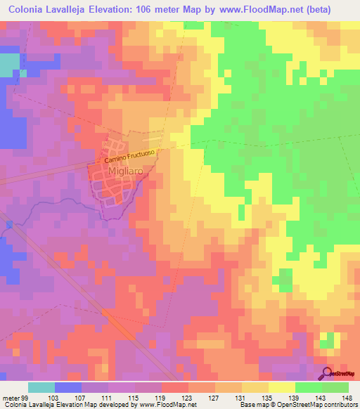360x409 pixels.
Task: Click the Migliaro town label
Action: click(115, 173)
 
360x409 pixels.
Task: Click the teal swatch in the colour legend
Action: click(41, 388)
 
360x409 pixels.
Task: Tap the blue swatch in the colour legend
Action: click(67, 388)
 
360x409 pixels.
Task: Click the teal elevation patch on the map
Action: click(8, 65)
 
